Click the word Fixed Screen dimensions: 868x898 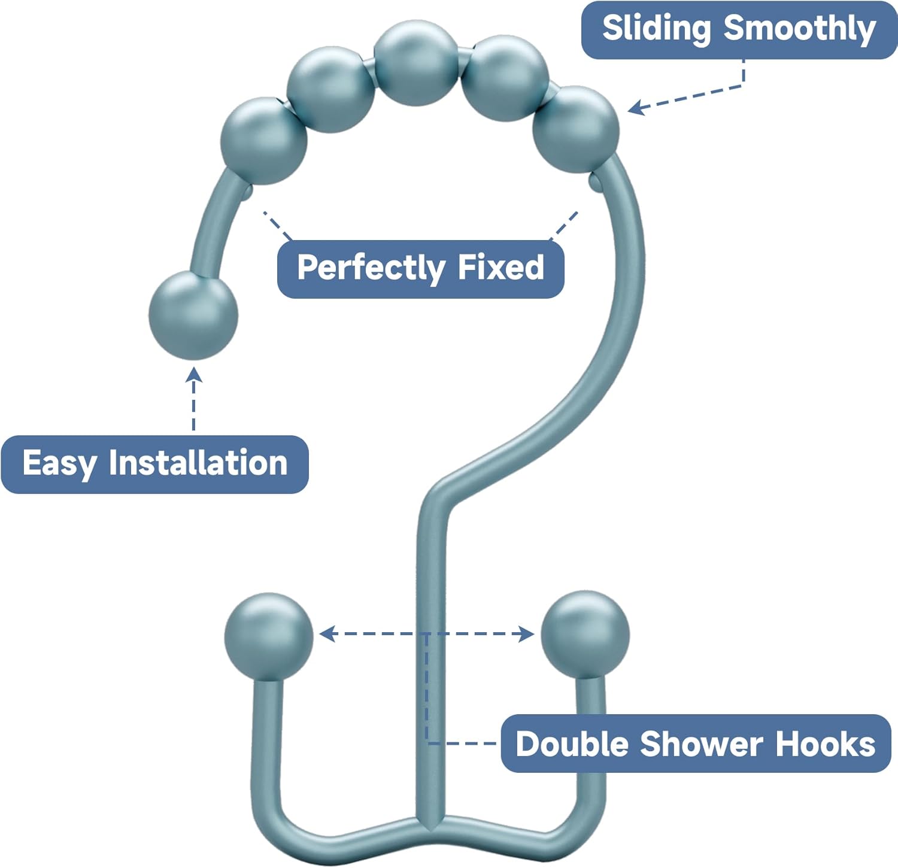tap(500, 268)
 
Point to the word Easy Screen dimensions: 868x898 tap(59, 463)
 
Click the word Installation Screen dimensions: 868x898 tap(198, 463)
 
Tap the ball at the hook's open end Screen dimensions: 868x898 tap(193, 315)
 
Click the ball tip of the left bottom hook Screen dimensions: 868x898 tap(269, 636)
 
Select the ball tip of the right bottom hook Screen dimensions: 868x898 tap(585, 635)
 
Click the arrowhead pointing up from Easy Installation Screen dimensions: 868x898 tap(193, 375)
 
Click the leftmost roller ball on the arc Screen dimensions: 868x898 tap(264, 141)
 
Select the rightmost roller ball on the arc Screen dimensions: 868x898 tap(575, 129)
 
